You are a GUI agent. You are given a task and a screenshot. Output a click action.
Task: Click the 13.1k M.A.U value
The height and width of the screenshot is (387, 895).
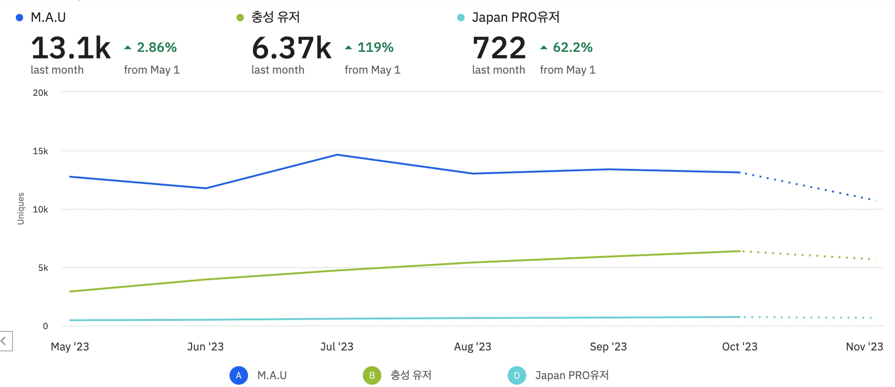pos(71,48)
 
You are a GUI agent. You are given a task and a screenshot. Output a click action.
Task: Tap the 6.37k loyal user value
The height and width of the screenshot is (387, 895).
pos(292,48)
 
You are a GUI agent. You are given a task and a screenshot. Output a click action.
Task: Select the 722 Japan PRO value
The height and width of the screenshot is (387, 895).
pos(499,48)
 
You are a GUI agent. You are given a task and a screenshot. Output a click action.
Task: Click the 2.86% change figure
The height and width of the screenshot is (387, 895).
pos(156,47)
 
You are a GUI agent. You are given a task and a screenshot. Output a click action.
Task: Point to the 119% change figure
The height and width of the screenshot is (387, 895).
pos(375,47)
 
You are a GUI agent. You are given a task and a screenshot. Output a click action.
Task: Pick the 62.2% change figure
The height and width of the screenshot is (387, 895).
pos(572,47)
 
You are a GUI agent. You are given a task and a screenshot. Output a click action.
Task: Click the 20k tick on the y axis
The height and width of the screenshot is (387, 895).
pos(40,93)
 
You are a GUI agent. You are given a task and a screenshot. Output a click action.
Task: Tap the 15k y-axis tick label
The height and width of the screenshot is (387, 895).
pos(40,151)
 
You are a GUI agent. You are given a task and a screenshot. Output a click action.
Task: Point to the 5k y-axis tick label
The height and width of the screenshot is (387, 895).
pos(43,268)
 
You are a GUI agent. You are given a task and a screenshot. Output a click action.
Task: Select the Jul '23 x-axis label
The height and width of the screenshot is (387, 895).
pos(337,347)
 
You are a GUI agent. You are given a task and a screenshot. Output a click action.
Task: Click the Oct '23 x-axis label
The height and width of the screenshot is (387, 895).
pos(740,347)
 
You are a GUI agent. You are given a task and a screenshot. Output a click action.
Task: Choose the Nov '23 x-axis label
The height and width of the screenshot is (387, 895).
pos(864,347)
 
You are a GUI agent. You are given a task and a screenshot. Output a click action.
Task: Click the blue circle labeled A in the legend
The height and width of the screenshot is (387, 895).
pos(239,375)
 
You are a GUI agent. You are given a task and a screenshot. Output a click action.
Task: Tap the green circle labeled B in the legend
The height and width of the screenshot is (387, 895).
pos(372,375)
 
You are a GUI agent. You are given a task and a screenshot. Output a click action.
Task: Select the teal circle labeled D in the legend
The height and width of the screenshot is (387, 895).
pos(517,375)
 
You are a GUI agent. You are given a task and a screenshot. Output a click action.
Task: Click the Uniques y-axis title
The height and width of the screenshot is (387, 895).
pos(20,209)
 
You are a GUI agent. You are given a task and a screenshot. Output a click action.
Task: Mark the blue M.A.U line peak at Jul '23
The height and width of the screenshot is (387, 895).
pos(337,155)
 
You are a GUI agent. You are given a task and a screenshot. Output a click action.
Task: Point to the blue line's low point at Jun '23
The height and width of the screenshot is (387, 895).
pos(206,188)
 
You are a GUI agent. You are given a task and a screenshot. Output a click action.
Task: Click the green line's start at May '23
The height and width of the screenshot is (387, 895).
pos(70,292)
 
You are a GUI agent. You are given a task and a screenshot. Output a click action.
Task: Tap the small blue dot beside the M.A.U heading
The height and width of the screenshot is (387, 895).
pos(19,18)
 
